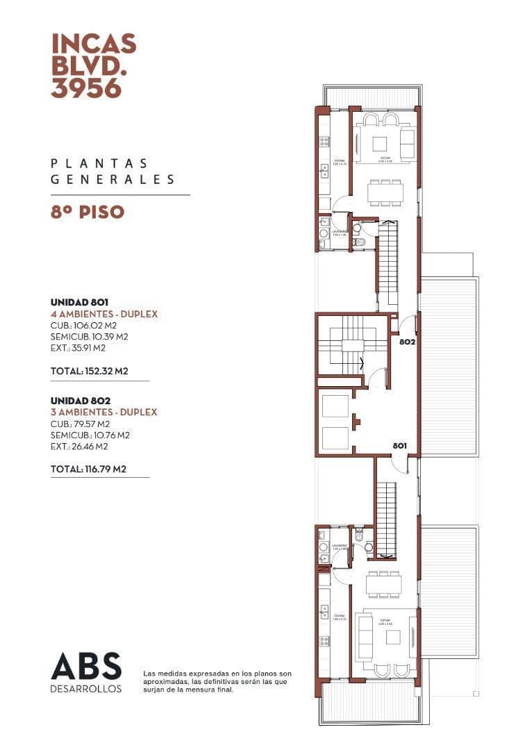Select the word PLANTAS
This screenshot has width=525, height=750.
[x=99, y=164]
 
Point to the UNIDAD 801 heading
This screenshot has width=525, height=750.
[x=79, y=303]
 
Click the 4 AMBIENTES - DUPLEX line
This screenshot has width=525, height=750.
[x=104, y=315]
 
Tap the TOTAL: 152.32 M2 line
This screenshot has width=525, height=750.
[x=90, y=372]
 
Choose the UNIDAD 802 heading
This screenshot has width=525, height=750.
[x=80, y=401]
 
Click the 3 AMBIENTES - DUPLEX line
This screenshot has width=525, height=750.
[x=104, y=412]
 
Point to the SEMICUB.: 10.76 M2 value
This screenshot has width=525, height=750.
[x=90, y=435]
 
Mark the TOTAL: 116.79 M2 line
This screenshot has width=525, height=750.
[x=88, y=469]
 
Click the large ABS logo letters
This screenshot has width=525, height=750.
[x=86, y=667]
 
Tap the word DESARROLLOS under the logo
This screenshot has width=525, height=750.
[x=86, y=689]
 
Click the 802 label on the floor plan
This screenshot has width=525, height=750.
[x=406, y=342]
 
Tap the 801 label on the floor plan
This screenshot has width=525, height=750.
[x=399, y=446]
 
